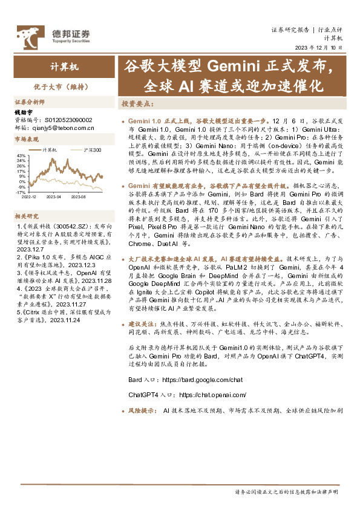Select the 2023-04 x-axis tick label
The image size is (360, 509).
coord(54,196)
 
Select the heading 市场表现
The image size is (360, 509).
coord(27,139)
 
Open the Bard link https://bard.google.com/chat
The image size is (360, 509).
coord(202,380)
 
